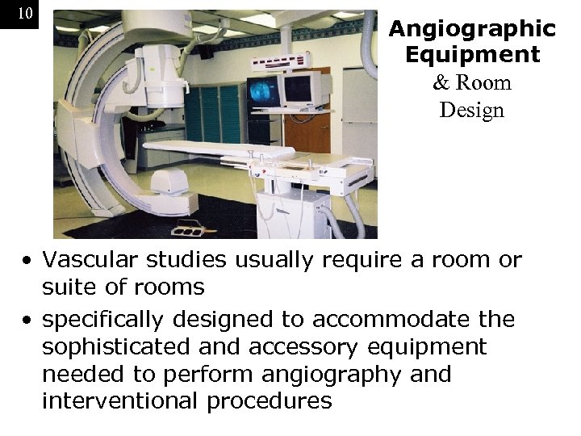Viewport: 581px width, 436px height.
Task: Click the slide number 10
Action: point(24,14)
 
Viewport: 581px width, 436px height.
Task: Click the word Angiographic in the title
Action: point(472,30)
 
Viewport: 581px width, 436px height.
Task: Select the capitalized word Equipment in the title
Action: point(472,56)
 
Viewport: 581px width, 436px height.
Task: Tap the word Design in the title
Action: point(471,110)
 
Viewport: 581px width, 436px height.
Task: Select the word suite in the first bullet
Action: point(67,287)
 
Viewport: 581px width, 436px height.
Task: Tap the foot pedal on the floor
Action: point(187,229)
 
